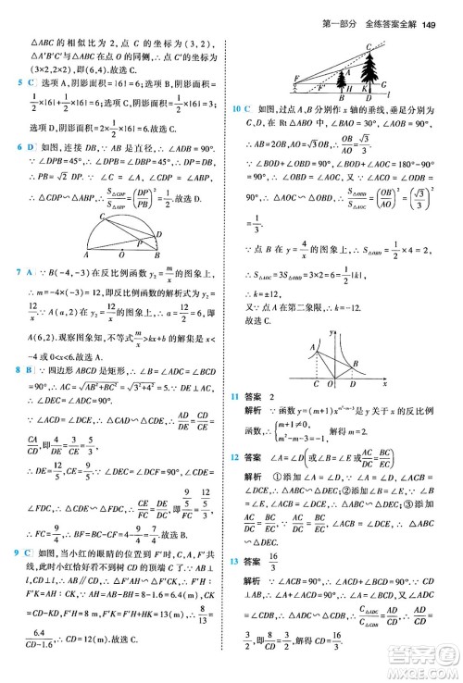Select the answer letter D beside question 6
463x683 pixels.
click(x=30, y=147)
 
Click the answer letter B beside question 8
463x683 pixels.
click(x=30, y=343)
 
